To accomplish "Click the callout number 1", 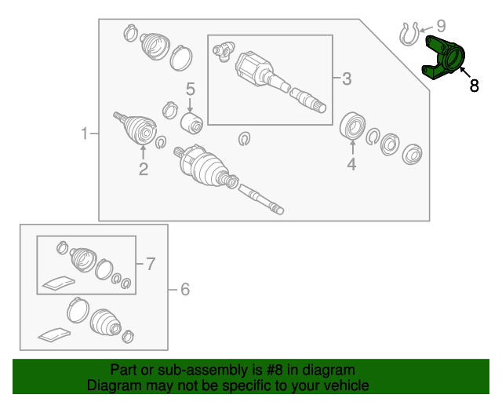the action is click(x=84, y=133).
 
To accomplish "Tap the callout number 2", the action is click(x=144, y=169).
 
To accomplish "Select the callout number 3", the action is click(x=347, y=79).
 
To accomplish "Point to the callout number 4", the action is click(x=351, y=164).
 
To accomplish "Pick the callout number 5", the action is click(x=190, y=90).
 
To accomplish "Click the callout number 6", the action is click(x=185, y=289).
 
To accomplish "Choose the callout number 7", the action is click(x=151, y=264).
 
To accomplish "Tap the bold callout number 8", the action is click(x=474, y=86).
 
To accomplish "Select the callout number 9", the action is click(x=441, y=26).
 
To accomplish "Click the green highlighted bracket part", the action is click(x=442, y=58).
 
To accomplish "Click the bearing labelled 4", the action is click(x=352, y=126).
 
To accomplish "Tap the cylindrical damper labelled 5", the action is click(x=191, y=124).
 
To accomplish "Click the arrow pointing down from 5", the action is click(x=190, y=105).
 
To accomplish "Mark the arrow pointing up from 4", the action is click(x=352, y=148).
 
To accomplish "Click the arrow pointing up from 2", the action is click(x=143, y=152).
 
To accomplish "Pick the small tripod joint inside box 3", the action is click(x=224, y=51).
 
